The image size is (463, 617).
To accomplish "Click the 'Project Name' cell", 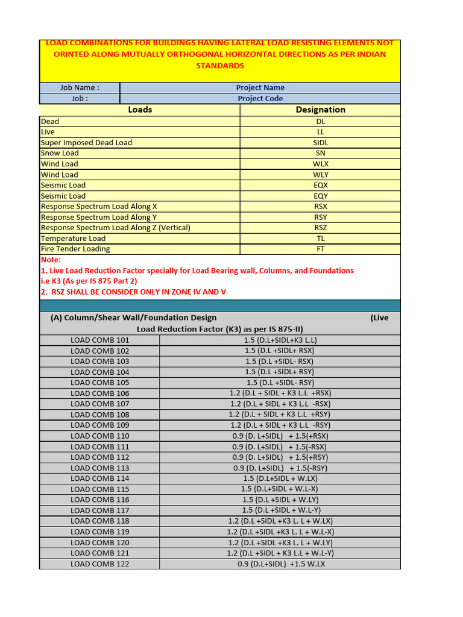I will (260, 87).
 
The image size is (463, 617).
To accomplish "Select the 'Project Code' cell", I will (260, 98).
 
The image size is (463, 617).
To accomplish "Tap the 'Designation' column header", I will (320, 110).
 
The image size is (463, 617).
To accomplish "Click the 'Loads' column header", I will (140, 110).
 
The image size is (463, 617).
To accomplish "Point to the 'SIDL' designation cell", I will (320, 143).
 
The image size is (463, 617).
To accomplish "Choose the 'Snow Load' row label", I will (60, 153).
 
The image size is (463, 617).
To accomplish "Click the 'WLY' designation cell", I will (320, 175).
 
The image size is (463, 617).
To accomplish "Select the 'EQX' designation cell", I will (320, 185).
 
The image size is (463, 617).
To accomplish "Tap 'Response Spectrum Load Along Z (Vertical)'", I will (115, 228).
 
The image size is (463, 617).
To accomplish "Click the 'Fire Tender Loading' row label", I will (75, 249).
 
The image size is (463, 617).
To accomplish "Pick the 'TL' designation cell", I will (320, 239).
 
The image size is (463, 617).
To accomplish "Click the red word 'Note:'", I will (51, 260).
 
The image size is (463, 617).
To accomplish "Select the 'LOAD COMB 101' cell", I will (99, 340).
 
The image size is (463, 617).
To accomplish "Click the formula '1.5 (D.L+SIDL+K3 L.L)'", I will (280, 340).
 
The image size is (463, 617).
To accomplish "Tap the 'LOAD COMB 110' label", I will (99, 436).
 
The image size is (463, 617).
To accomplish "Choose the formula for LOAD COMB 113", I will (280, 468).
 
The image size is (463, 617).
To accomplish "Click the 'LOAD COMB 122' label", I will (99, 564).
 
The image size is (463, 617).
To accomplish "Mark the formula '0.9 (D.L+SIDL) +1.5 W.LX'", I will (280, 564).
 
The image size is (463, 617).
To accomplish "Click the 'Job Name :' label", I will (80, 87).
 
